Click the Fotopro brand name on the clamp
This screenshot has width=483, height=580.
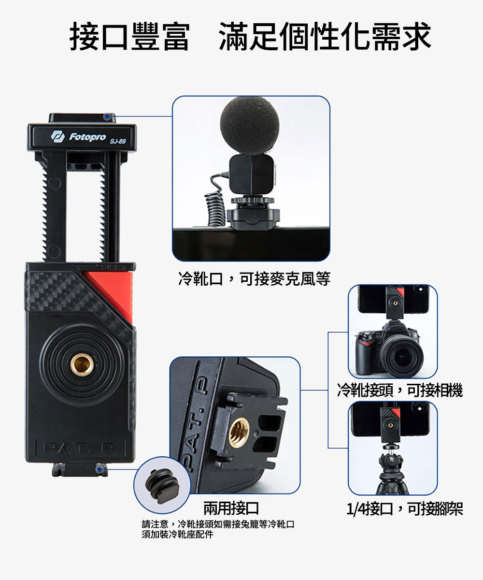pyautogui.click(x=87, y=137)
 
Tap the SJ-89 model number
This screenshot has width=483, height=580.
pyautogui.click(x=118, y=142)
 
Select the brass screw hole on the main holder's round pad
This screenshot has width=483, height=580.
pyautogui.click(x=82, y=365)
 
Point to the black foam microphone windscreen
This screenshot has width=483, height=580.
pyautogui.click(x=250, y=125)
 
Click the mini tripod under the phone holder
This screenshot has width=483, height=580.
pyautogui.click(x=392, y=470)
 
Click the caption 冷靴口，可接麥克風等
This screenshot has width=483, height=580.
pyautogui.click(x=254, y=279)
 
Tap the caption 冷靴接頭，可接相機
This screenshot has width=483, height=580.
pyautogui.click(x=400, y=390)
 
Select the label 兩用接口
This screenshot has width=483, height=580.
pyautogui.click(x=231, y=508)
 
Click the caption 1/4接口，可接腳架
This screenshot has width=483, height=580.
pyautogui.click(x=405, y=509)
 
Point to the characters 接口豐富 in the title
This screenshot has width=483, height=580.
pyautogui.click(x=129, y=37)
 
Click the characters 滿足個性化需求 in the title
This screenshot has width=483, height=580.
pyautogui.click(x=325, y=37)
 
